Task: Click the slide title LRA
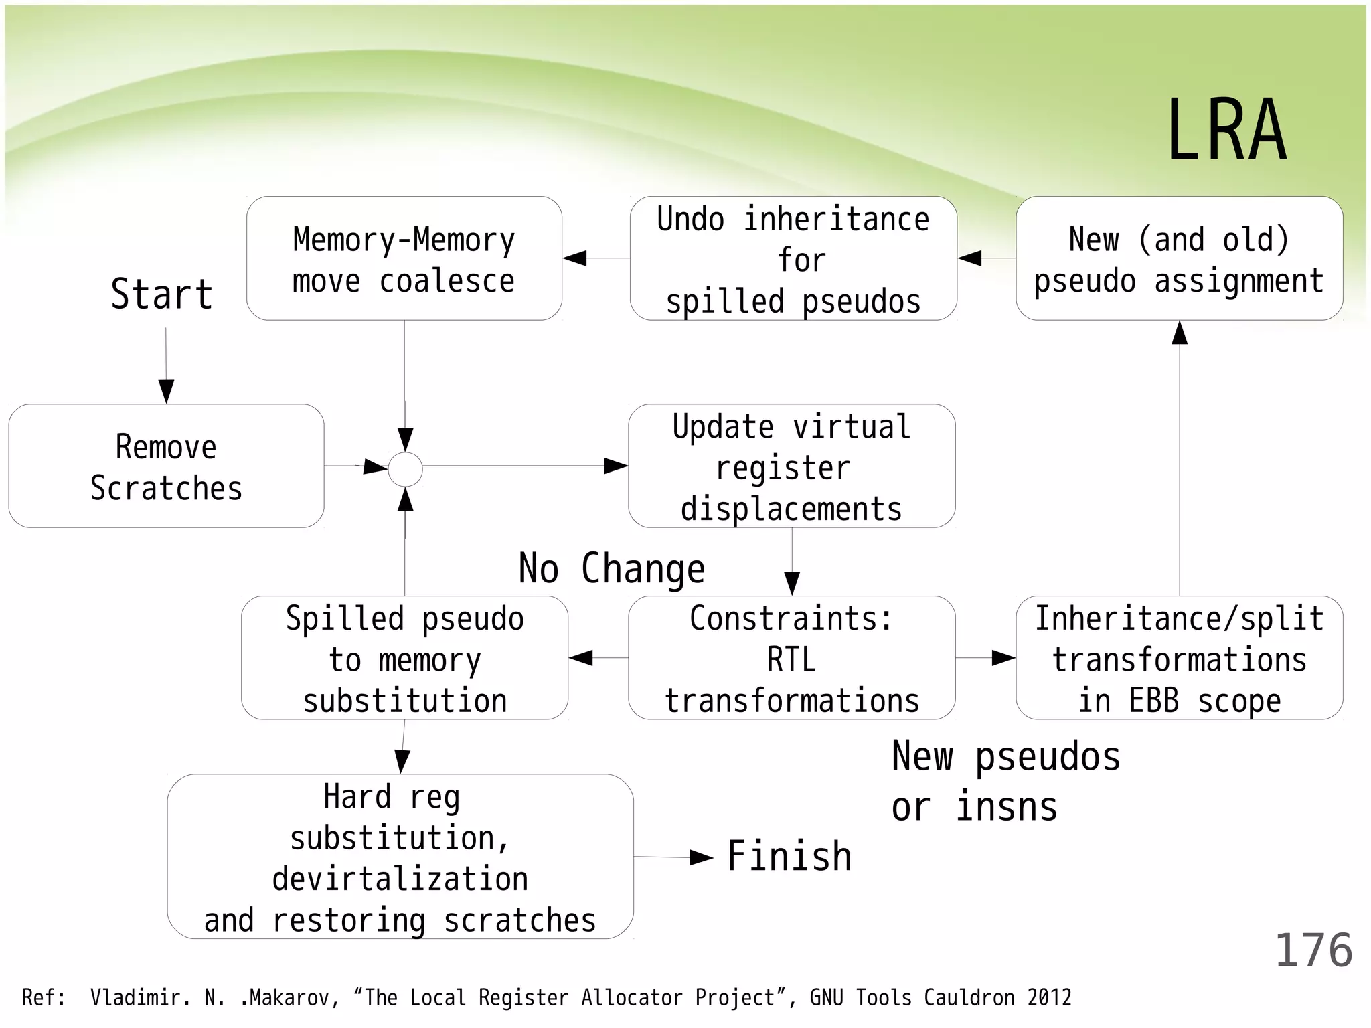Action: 1226,130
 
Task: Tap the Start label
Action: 161,294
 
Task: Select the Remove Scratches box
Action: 166,466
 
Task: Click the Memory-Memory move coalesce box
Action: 404,258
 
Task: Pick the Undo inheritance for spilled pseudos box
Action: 793,258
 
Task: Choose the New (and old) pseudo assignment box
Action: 1179,258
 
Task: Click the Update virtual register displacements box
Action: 791,466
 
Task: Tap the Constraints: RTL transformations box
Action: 791,658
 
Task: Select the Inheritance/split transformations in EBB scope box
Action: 1179,658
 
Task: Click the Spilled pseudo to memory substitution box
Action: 404,658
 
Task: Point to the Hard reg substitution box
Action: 400,857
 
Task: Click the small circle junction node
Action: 406,469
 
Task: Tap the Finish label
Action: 789,857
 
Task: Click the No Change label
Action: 612,569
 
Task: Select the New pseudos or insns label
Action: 1005,782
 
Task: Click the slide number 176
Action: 1313,951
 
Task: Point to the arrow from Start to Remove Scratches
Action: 166,365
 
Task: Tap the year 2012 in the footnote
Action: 1049,998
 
